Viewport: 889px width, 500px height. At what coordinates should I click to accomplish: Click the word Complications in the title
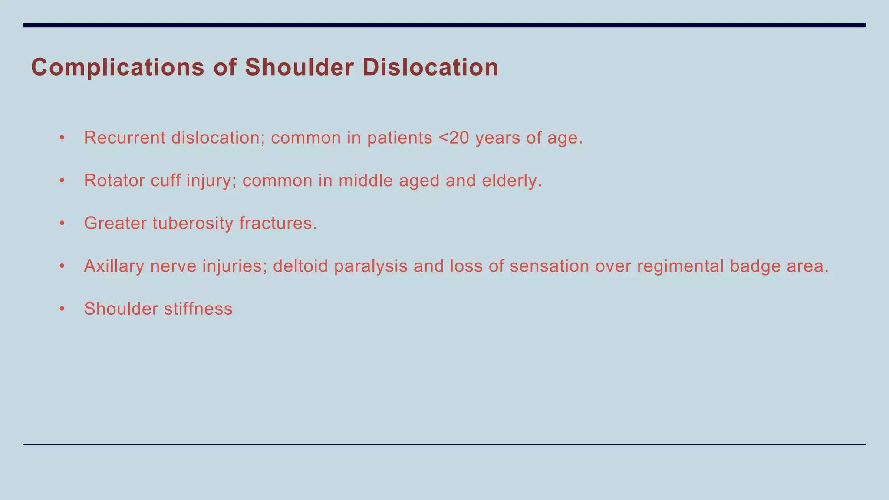pyautogui.click(x=118, y=68)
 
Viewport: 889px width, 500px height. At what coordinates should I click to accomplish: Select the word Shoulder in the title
pyautogui.click(x=299, y=68)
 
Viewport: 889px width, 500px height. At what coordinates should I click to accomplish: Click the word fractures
pyautogui.click(x=278, y=224)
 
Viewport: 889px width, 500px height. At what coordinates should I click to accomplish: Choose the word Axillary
pyautogui.click(x=114, y=266)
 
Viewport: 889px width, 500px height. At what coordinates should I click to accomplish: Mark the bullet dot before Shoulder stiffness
pyautogui.click(x=62, y=309)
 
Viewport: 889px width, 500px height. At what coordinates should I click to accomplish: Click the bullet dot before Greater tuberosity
pyautogui.click(x=62, y=224)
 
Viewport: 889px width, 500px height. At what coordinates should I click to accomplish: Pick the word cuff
pyautogui.click(x=165, y=181)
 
